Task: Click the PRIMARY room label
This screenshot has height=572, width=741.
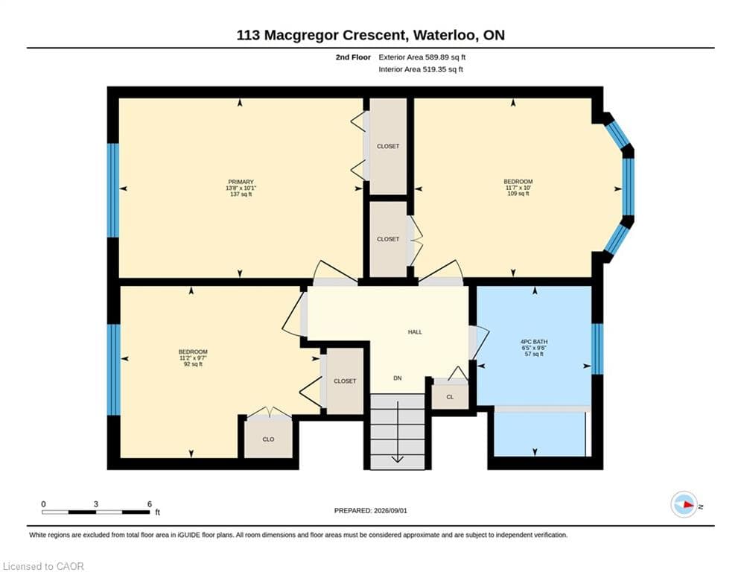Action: click(241, 182)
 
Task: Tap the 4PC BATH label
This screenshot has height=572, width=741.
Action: click(534, 342)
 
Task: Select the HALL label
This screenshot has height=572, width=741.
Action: click(415, 332)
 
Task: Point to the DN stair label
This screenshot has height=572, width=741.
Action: click(398, 378)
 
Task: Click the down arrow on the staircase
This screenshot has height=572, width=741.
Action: click(398, 431)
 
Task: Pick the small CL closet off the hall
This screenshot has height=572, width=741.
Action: click(450, 397)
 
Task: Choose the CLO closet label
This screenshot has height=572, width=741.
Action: click(268, 439)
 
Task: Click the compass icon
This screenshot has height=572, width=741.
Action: click(684, 505)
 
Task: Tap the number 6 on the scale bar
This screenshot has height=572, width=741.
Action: click(150, 504)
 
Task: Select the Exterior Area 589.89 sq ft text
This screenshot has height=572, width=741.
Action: click(422, 57)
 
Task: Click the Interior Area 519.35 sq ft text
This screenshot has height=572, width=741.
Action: click(421, 69)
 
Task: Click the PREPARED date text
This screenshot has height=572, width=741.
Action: click(371, 510)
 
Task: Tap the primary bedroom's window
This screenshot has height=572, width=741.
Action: click(113, 190)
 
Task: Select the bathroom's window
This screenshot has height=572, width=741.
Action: click(597, 349)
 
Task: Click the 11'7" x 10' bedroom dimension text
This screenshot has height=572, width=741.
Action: click(518, 188)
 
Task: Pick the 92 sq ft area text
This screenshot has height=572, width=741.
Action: click(193, 364)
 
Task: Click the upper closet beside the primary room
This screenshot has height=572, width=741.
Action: click(388, 146)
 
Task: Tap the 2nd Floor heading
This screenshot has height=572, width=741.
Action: click(353, 57)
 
